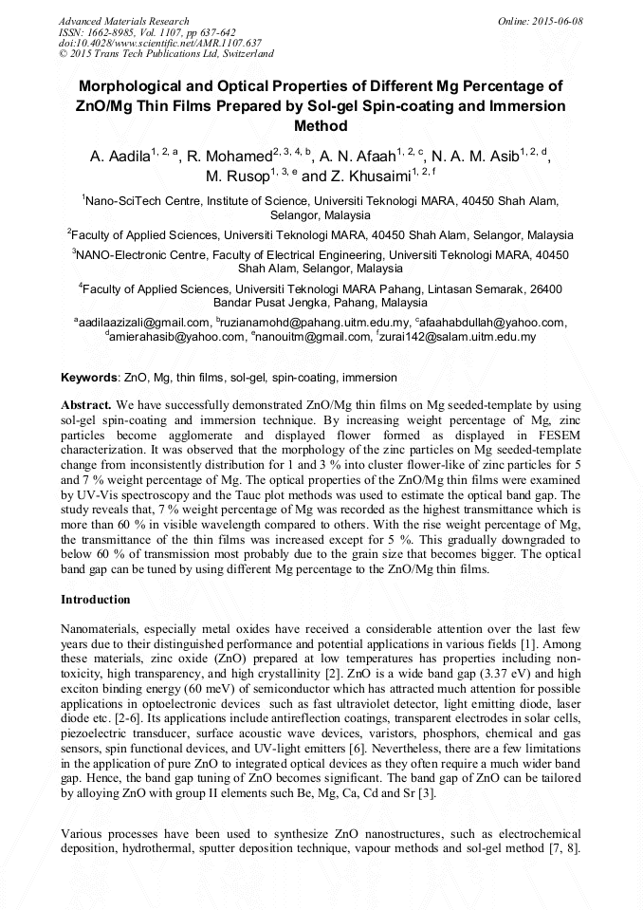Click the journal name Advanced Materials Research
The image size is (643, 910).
(123, 21)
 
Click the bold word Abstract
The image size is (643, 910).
(87, 403)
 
